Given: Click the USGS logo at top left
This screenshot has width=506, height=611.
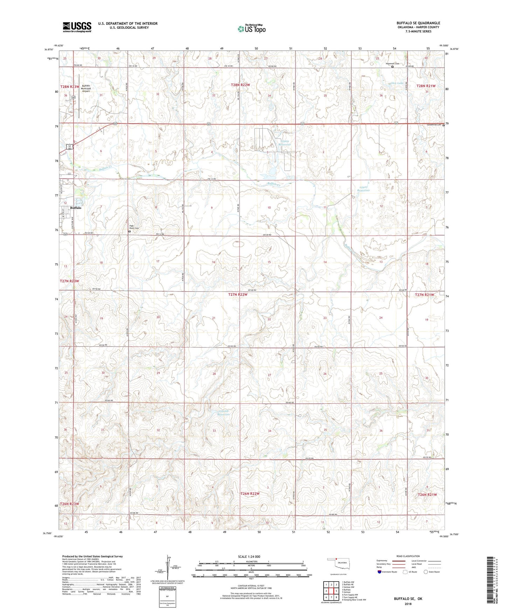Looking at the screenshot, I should [77, 27].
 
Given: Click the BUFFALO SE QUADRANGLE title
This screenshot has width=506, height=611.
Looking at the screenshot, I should [418, 23].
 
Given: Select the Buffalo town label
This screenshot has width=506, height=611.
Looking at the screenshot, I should [76, 208].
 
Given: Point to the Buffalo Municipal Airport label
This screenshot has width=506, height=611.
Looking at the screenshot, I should [86, 88].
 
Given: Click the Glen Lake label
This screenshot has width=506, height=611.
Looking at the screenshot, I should [397, 83].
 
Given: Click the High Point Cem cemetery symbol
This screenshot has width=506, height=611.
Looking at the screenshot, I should [129, 231].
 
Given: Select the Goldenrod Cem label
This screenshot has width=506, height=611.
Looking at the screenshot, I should [434, 125].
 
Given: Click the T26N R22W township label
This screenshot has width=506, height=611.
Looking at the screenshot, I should [250, 494].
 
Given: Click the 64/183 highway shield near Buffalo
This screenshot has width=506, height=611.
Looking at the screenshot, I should [70, 147].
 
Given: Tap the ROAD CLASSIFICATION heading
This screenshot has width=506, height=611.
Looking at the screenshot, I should [408, 556].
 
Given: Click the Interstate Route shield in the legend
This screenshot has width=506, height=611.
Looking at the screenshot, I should [380, 572].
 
